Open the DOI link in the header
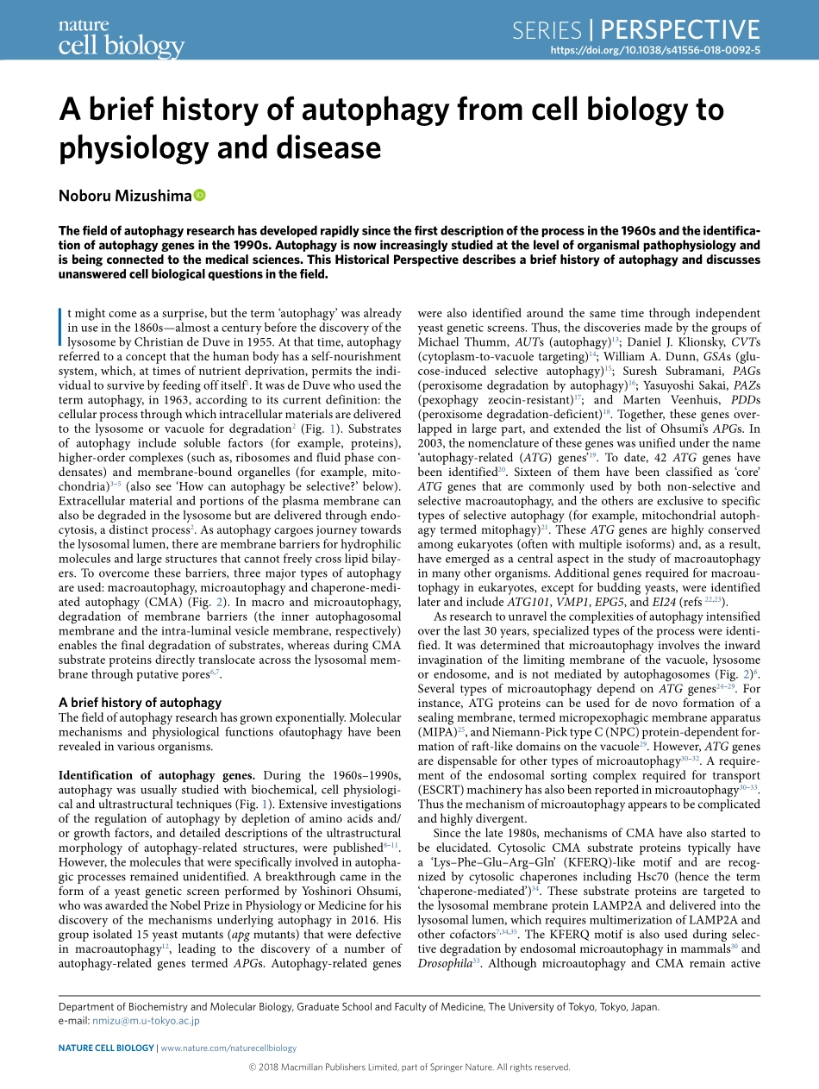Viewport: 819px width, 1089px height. [x=654, y=51]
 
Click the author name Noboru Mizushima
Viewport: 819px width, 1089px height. [x=125, y=196]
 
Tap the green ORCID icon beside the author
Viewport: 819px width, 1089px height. [x=200, y=196]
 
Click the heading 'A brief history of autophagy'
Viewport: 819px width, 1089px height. [x=140, y=703]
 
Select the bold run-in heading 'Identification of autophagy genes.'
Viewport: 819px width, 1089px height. [x=156, y=775]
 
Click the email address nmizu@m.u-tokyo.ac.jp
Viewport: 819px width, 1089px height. [x=146, y=1020]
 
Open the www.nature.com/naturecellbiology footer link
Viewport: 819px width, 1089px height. [x=228, y=1048]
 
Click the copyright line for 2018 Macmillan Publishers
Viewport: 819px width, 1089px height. [x=409, y=1067]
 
